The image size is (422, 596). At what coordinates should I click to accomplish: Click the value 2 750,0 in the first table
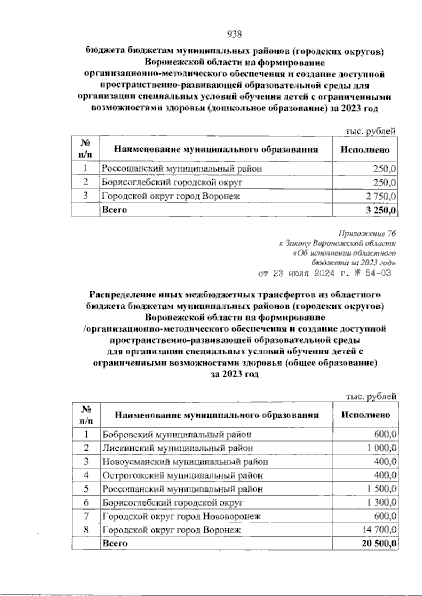381,197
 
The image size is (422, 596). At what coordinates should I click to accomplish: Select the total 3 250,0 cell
381,211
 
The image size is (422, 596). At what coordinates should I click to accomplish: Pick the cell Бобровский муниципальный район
177,434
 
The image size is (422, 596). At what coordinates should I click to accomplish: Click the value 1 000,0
381,448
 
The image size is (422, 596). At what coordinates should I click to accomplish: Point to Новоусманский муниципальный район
185,462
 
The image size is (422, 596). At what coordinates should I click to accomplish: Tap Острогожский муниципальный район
183,475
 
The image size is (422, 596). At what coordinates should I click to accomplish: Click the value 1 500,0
381,489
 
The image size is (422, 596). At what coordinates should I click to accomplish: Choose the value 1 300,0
381,503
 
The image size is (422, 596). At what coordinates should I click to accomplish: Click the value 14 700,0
379,530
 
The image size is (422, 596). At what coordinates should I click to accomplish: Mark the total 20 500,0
379,544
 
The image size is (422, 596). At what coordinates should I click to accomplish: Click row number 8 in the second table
86,530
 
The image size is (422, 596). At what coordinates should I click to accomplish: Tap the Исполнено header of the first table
365,150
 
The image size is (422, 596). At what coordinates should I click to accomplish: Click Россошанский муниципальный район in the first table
182,169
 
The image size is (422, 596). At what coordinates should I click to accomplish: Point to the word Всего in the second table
115,544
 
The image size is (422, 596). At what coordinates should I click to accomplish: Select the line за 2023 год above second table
235,375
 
